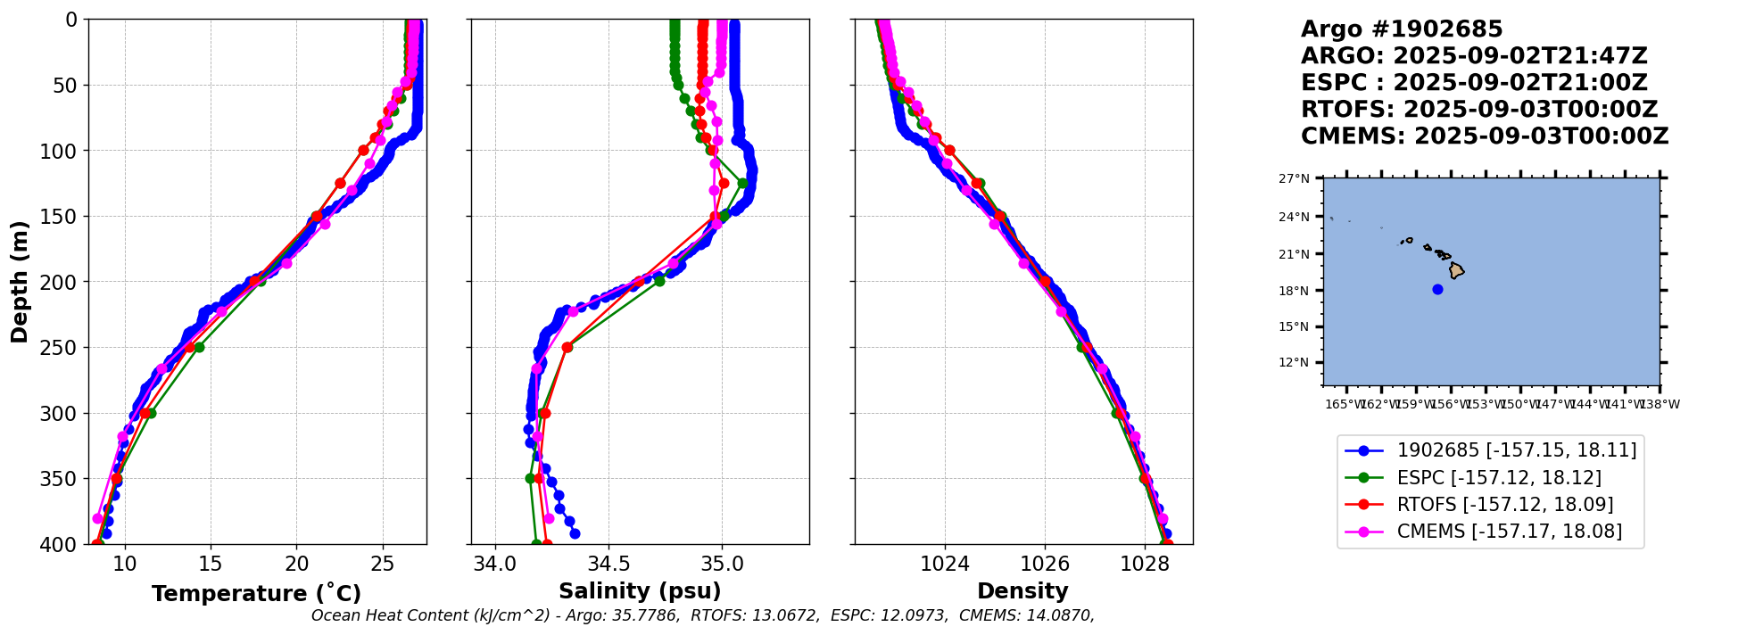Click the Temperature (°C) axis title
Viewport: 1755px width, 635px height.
(256, 593)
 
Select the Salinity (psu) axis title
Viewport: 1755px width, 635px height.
(640, 591)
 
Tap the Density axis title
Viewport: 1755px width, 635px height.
(1022, 591)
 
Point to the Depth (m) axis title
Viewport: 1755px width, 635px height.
(20, 282)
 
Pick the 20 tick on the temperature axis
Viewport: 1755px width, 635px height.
(297, 565)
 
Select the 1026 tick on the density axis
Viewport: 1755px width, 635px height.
(1045, 565)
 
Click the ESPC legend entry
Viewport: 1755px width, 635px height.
(1499, 478)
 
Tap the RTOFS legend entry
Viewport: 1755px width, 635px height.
(1505, 505)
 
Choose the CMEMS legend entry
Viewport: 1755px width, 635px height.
(1510, 532)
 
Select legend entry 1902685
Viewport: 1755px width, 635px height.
(1517, 450)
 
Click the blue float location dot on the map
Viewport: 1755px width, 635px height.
(1437, 289)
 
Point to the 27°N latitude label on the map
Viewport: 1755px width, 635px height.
(1295, 179)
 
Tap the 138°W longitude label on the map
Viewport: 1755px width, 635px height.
(1660, 404)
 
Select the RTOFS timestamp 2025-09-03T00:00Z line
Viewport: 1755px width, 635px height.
(1479, 110)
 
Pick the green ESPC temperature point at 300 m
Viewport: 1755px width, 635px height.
(151, 413)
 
